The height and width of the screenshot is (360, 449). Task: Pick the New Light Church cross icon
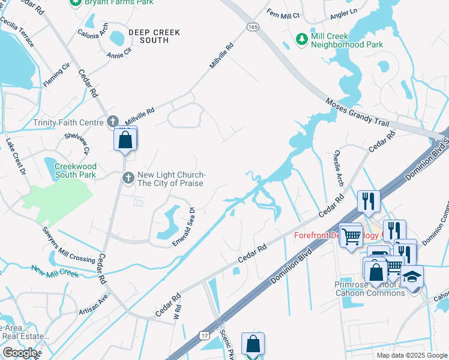(x=128, y=178)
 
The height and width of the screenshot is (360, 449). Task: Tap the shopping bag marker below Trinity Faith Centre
(x=125, y=140)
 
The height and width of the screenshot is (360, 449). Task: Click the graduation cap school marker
(x=412, y=277)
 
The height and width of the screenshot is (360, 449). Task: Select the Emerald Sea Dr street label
(x=184, y=226)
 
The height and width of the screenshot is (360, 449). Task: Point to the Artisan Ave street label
(x=93, y=305)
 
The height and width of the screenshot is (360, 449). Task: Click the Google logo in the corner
(x=19, y=352)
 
